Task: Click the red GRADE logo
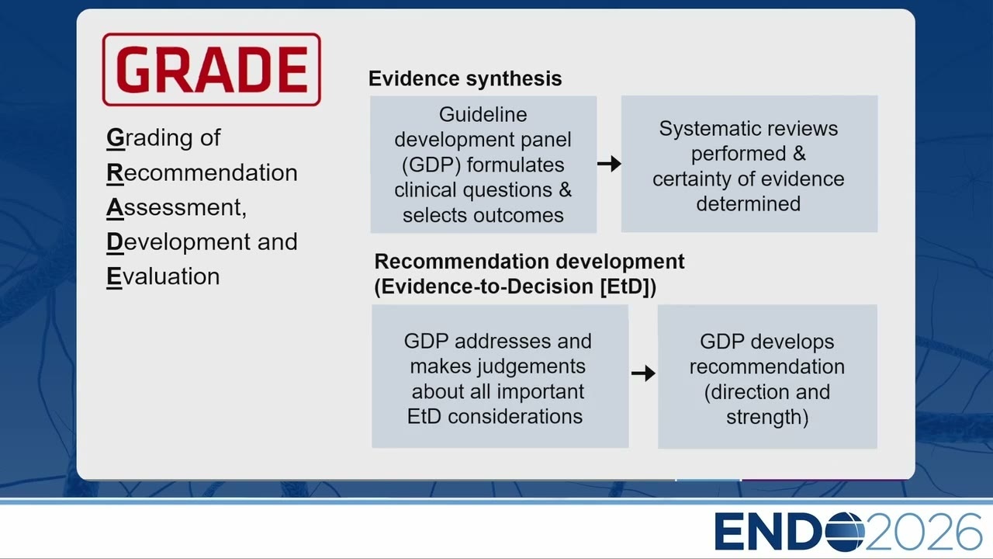point(212,70)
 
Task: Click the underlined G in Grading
point(116,137)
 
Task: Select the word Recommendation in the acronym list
point(202,172)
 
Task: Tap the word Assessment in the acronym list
point(176,207)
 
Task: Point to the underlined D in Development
point(115,241)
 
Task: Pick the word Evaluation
point(163,276)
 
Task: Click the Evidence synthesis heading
point(465,78)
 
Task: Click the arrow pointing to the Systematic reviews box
point(609,164)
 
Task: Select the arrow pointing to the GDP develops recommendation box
point(643,373)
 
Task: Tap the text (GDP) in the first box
point(431,165)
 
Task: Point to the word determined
point(749,204)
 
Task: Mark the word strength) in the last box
point(767,417)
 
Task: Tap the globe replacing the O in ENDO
point(845,532)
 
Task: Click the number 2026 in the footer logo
point(923,532)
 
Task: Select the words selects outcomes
point(483,216)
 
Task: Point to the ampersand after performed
point(799,154)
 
